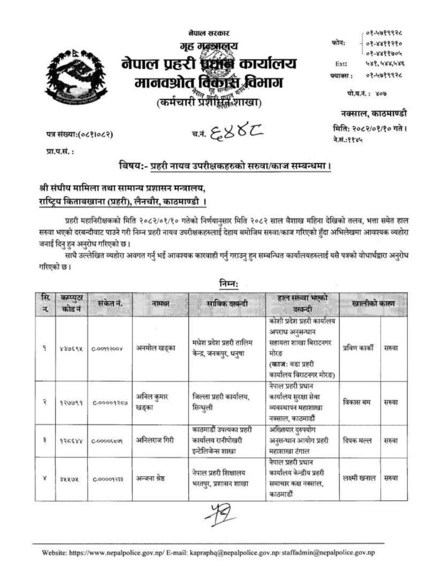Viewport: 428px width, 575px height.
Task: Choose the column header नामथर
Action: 160,304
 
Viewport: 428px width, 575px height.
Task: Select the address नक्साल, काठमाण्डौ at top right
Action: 372,114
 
